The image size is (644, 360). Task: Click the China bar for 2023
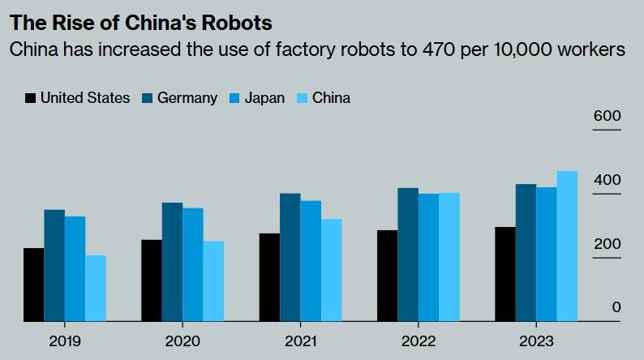pyautogui.click(x=567, y=246)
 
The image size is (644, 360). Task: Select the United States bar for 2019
pyautogui.click(x=33, y=285)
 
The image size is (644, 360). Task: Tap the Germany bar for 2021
pyautogui.click(x=290, y=257)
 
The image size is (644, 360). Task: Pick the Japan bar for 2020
pyautogui.click(x=192, y=265)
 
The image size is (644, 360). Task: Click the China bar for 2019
pyautogui.click(x=96, y=289)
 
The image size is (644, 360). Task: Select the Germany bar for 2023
pyautogui.click(x=526, y=253)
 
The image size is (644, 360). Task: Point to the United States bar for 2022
pyautogui.click(x=387, y=276)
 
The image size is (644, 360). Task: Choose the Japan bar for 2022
pyautogui.click(x=428, y=258)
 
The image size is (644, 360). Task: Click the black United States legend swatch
pyautogui.click(x=31, y=98)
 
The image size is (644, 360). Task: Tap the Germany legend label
pyautogui.click(x=187, y=98)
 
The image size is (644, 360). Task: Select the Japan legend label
pyautogui.click(x=265, y=98)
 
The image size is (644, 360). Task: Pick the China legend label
pyautogui.click(x=331, y=98)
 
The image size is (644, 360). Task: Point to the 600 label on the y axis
pyautogui.click(x=607, y=116)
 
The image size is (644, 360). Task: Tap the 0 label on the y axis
pyautogui.click(x=616, y=307)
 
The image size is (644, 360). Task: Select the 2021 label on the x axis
pyautogui.click(x=300, y=341)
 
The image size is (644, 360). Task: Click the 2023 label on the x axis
pyautogui.click(x=536, y=341)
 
